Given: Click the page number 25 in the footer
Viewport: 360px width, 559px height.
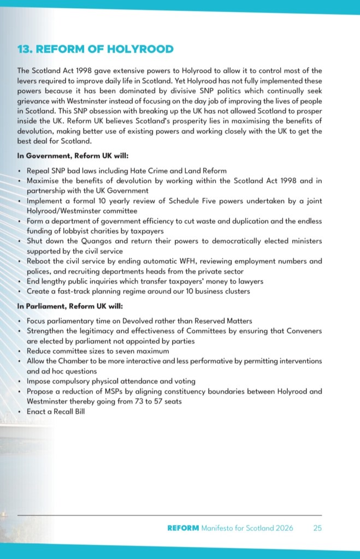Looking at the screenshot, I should tap(317, 528).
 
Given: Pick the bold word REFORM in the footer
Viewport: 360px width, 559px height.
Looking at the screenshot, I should tap(183, 528).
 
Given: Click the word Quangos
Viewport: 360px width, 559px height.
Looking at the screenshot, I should tap(91, 241).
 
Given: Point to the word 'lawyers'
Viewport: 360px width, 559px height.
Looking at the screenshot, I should tap(249, 281).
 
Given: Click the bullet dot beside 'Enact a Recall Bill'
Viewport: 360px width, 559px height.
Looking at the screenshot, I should tap(20, 411).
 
